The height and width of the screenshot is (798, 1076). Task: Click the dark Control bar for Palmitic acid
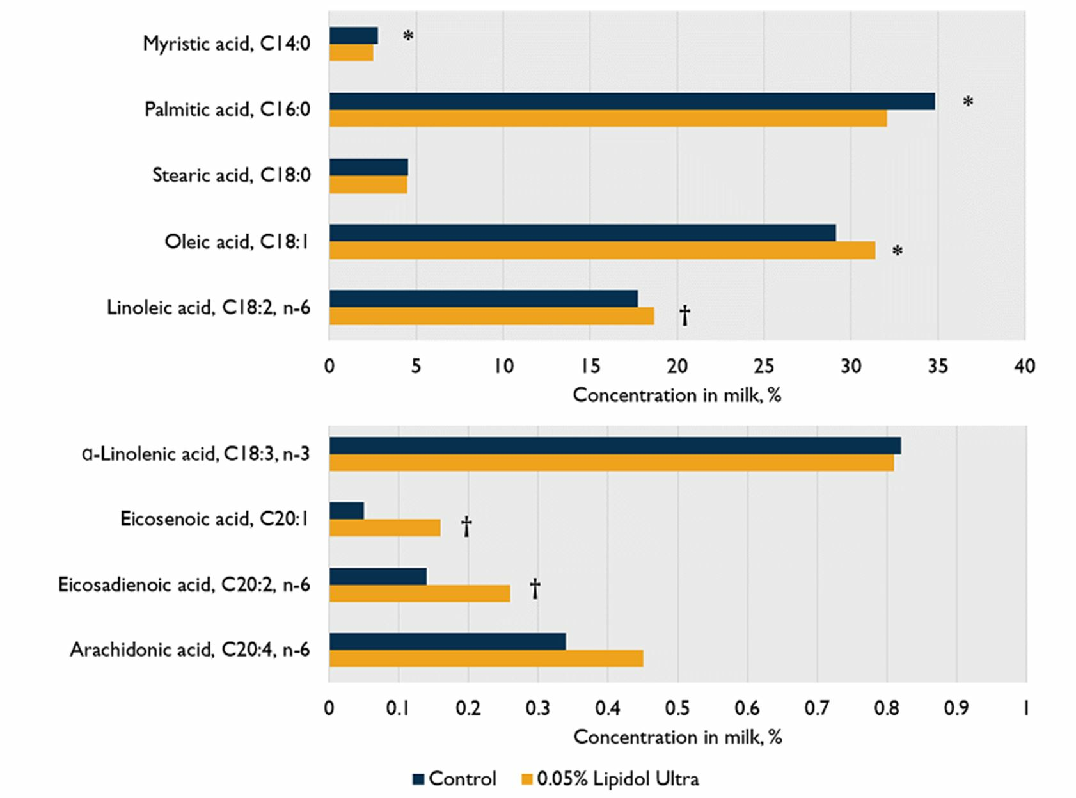(x=632, y=101)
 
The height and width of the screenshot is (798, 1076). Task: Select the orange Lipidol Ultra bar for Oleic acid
(x=602, y=250)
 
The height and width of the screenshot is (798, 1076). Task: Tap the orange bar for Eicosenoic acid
(x=384, y=527)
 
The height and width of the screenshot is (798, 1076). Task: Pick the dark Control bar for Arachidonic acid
(x=447, y=641)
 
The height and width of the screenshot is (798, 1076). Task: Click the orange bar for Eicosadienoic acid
(x=420, y=594)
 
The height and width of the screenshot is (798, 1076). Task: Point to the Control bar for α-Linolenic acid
(x=615, y=446)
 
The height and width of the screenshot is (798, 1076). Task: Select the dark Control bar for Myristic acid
(x=354, y=36)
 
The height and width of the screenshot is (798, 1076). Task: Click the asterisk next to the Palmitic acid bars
(x=968, y=102)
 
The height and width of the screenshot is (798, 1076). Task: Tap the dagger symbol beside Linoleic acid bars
(x=684, y=315)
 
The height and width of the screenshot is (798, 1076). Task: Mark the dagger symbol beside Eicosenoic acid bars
(x=466, y=527)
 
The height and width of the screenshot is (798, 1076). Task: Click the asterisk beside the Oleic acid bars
(x=898, y=251)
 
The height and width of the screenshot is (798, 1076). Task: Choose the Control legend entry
(x=454, y=779)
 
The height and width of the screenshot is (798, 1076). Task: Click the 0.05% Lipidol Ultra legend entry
(x=611, y=779)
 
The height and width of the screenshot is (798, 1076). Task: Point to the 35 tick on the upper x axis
(x=938, y=366)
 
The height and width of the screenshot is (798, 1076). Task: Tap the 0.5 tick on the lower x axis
(x=677, y=708)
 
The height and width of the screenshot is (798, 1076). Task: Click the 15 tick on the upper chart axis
(x=590, y=366)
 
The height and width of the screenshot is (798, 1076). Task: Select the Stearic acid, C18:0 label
(x=232, y=175)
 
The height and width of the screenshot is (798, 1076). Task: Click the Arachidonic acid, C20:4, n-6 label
(x=190, y=650)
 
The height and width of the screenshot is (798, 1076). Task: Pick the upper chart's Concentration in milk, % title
(x=677, y=395)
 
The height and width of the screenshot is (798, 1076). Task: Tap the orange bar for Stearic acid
(x=368, y=184)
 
